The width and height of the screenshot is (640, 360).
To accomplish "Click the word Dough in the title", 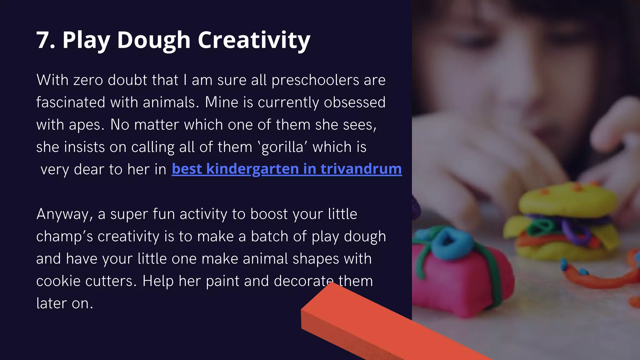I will pyautogui.click(x=154, y=41).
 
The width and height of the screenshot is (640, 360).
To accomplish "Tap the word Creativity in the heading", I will pyautogui.click(x=254, y=41).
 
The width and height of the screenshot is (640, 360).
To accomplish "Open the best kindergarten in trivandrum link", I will pyautogui.click(x=287, y=169).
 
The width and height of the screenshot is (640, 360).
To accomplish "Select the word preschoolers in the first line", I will pyautogui.click(x=315, y=81).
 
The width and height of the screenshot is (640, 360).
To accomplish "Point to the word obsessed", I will pyautogui.click(x=354, y=102).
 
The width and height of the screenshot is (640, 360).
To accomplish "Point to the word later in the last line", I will pyautogui.click(x=52, y=303).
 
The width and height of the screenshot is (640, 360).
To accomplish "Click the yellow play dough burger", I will pyautogui.click(x=566, y=225).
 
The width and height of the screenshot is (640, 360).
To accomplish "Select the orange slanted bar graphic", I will pyautogui.click(x=375, y=325).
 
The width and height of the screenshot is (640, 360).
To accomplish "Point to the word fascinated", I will pyautogui.click(x=70, y=102).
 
